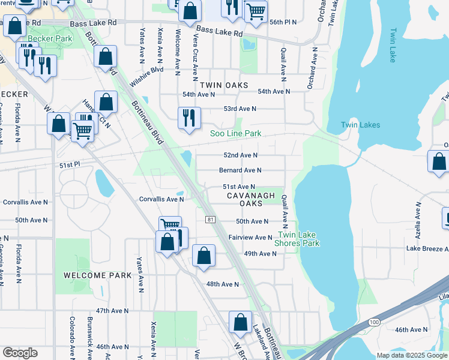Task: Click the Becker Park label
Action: (x=51, y=38)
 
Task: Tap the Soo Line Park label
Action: (x=235, y=133)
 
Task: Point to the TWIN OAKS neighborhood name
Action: (x=224, y=86)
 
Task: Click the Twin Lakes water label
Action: (x=360, y=125)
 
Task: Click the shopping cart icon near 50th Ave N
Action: (x=170, y=226)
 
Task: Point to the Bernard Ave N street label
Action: (x=240, y=170)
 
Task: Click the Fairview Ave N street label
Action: (x=250, y=238)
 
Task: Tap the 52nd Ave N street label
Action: (x=240, y=155)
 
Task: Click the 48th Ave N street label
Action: (x=222, y=284)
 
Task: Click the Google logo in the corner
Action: (x=20, y=353)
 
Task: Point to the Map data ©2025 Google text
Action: (x=411, y=355)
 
